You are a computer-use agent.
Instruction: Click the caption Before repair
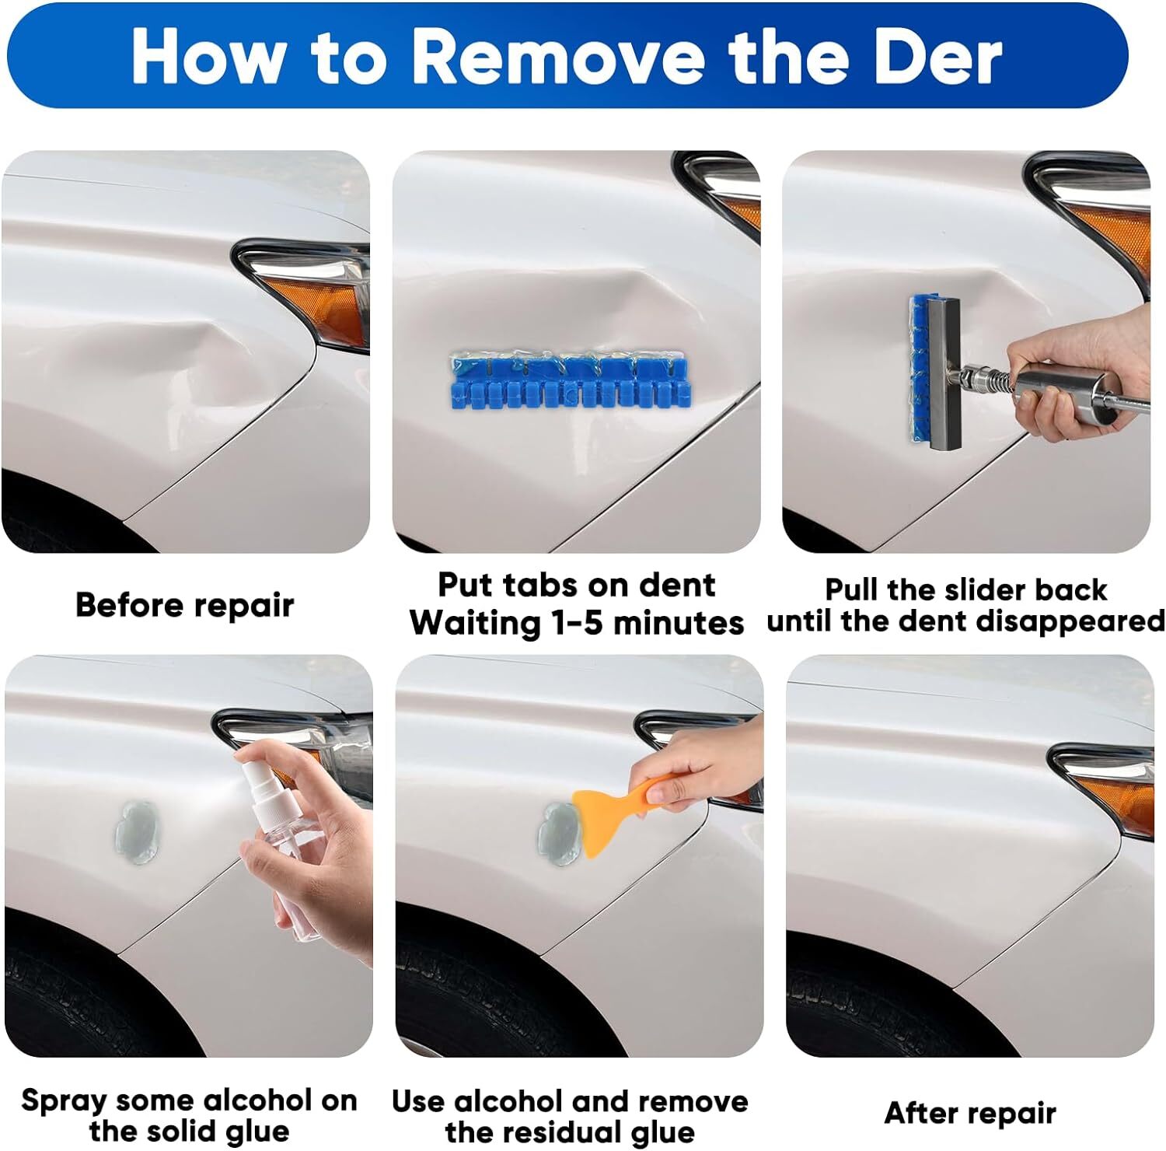[185, 605]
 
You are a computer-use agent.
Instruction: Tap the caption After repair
[970, 1113]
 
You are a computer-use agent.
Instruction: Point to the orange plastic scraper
[614, 809]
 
